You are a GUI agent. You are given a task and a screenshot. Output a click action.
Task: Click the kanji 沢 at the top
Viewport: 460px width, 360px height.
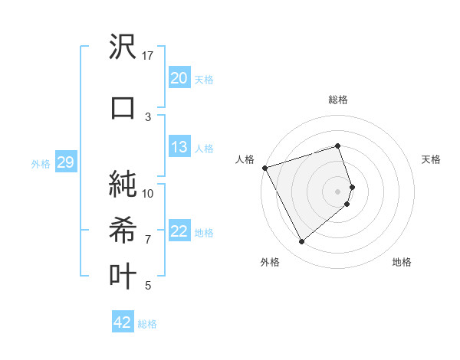point(123,48)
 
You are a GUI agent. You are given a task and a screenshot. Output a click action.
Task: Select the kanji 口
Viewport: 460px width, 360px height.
point(123,107)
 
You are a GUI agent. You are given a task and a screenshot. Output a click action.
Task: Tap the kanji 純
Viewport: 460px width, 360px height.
point(123,184)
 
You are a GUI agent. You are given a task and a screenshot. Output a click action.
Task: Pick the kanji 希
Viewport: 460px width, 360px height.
point(123,230)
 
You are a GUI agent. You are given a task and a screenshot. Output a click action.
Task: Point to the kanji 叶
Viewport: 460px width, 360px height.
point(123,276)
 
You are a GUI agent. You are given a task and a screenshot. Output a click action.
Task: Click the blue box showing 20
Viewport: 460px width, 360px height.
point(179,78)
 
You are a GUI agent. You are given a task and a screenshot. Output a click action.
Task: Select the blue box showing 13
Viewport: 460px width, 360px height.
point(179,147)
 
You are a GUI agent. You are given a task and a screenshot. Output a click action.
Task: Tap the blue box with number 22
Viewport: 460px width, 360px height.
point(179,231)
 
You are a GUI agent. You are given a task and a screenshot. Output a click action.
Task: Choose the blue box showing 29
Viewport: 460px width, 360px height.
point(65,162)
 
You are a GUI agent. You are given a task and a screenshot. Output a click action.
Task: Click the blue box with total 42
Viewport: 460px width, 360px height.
point(123,322)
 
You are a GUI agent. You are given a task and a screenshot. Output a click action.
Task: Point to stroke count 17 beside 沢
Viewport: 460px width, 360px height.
point(148,55)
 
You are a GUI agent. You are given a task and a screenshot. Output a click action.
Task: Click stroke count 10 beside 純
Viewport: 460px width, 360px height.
point(148,193)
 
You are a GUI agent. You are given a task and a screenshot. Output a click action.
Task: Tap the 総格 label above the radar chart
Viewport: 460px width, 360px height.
point(338,100)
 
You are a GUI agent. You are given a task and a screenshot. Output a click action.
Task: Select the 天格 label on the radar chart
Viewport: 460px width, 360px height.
point(431,159)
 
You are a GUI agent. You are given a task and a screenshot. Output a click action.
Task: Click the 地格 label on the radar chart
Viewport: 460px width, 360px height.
point(402,262)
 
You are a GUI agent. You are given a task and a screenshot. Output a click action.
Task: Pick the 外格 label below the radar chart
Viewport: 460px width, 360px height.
point(270,262)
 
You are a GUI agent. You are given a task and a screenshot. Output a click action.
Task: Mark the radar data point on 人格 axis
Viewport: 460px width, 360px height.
point(264,168)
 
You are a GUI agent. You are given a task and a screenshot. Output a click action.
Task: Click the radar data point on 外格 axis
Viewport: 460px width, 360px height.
point(301,242)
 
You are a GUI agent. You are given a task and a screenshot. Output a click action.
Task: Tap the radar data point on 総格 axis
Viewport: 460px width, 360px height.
point(338,146)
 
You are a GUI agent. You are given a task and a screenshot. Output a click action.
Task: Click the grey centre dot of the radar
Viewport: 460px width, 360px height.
point(338,191)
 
